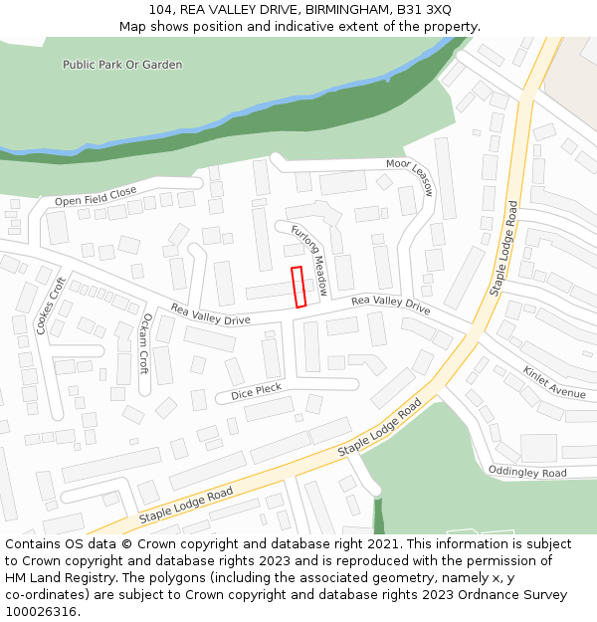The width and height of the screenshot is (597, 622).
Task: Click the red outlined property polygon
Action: (298, 287)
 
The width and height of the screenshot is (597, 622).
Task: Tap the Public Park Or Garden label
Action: (122, 65)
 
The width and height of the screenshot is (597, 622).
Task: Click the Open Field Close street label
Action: (96, 196)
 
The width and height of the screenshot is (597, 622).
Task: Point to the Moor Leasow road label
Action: (411, 175)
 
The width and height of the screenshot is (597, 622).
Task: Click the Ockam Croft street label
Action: (145, 343)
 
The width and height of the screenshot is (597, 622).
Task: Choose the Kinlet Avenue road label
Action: (554, 382)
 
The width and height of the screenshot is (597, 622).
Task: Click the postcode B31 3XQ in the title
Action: (423, 10)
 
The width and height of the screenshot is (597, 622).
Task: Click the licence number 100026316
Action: (42, 612)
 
